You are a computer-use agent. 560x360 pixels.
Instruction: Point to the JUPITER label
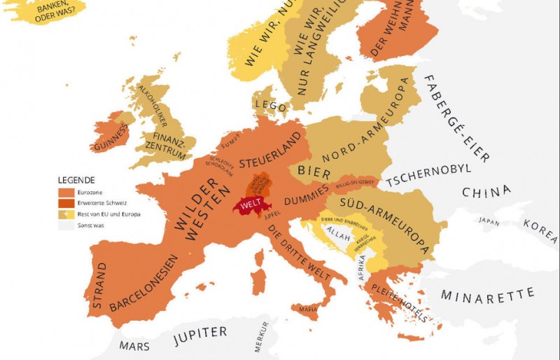[200, 332]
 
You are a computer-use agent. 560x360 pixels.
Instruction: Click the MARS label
[134, 345]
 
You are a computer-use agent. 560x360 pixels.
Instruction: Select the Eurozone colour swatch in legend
[65, 191]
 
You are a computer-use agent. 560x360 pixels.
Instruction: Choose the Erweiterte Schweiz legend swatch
[65, 202]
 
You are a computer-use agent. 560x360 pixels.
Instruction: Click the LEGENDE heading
[77, 180]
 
